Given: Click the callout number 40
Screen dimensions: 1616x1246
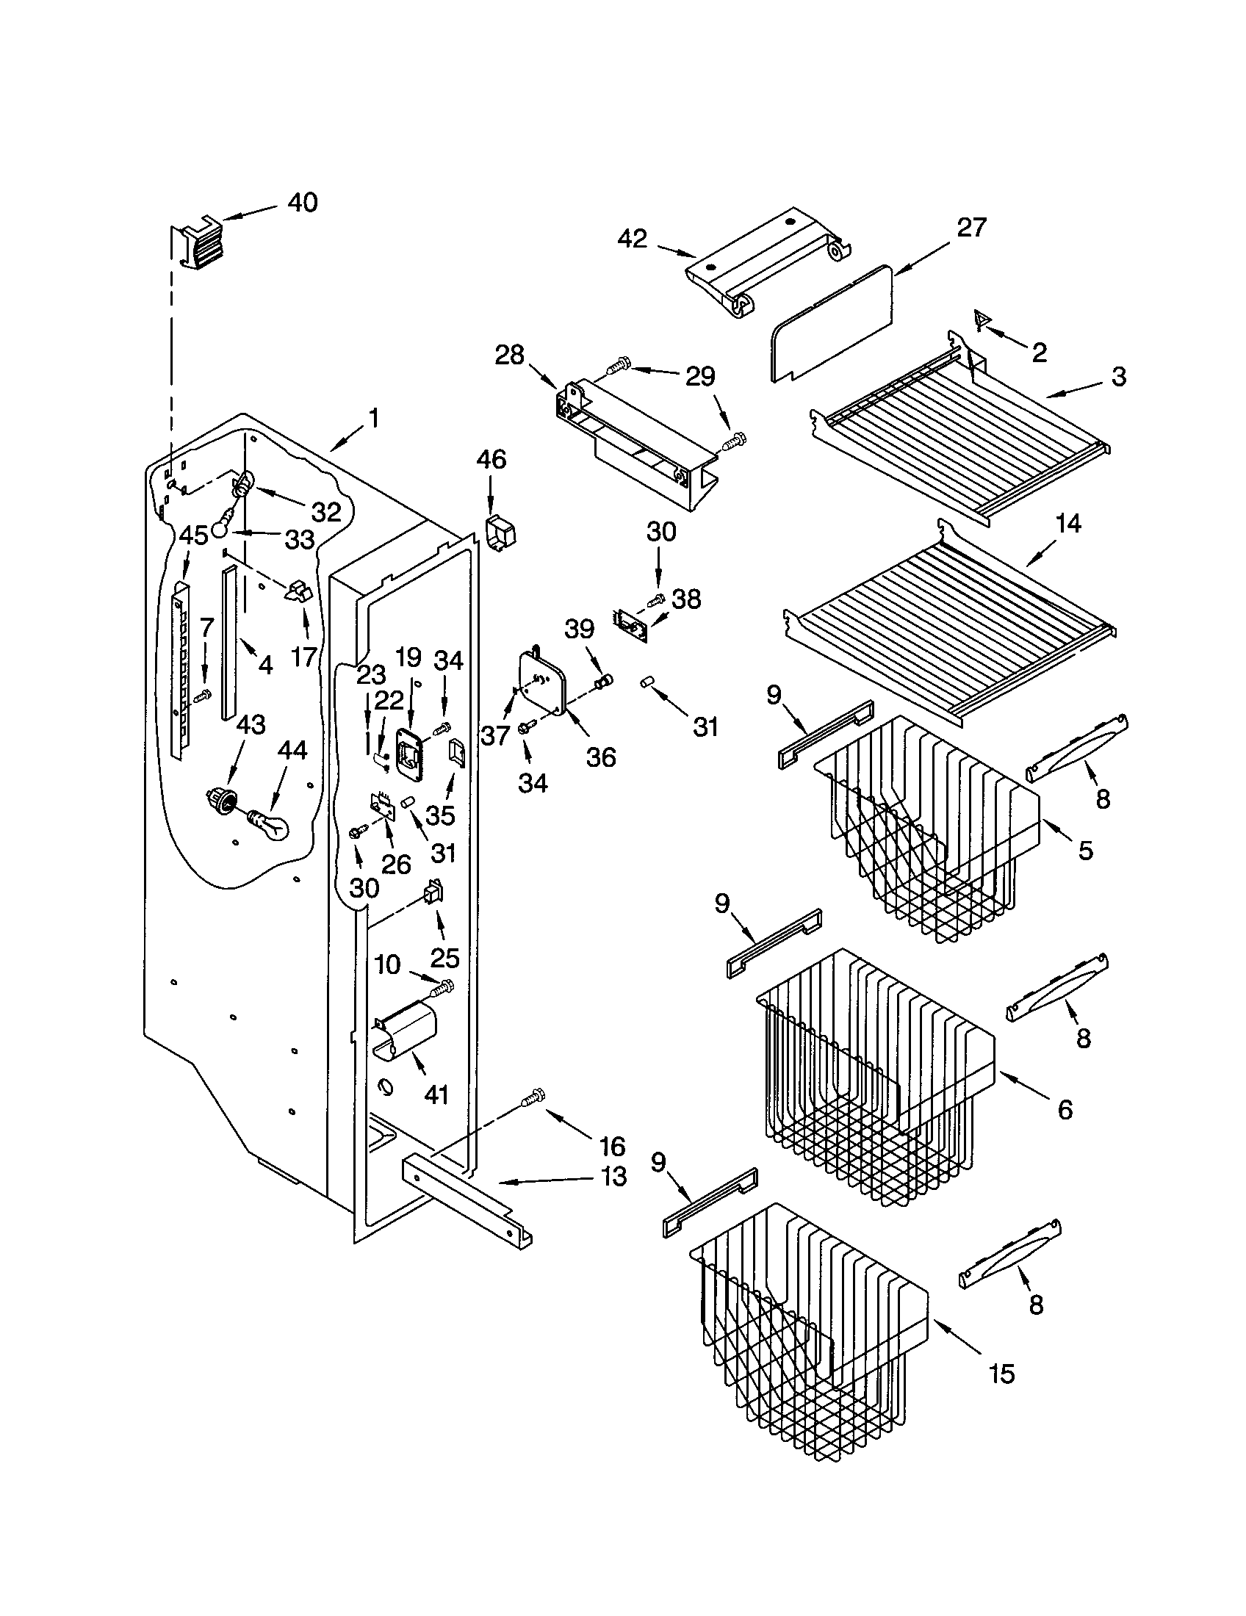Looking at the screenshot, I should (302, 203).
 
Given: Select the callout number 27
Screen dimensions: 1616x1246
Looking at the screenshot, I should (971, 227).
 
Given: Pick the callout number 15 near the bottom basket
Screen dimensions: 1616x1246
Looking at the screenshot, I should (1001, 1374).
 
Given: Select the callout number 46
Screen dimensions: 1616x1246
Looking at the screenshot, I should (491, 460).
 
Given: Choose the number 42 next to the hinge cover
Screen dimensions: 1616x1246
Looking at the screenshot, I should (632, 238).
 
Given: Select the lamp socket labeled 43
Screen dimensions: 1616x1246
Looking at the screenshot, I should (221, 800).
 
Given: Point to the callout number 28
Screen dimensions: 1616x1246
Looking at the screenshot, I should (509, 356).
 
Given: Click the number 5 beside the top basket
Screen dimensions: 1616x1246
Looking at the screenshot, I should (1084, 850).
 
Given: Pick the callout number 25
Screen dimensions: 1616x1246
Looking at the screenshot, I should (444, 957).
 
